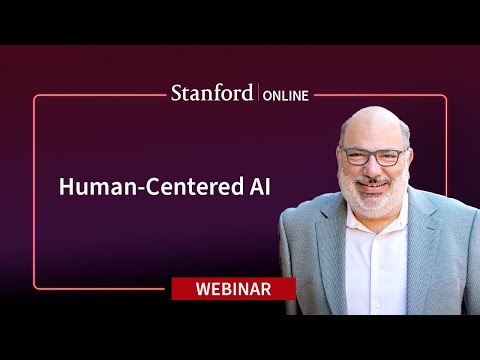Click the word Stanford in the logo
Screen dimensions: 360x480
point(212,94)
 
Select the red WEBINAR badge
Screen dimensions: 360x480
point(234,289)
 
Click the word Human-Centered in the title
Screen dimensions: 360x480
point(150,187)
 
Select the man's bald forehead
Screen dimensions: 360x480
point(372,128)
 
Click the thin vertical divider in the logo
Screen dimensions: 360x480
point(259,95)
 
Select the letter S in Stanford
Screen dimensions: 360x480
point(176,94)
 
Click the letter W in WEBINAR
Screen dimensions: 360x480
point(195,289)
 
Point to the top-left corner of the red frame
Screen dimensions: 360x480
point(36,97)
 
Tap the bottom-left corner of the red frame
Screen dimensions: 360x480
point(36,287)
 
